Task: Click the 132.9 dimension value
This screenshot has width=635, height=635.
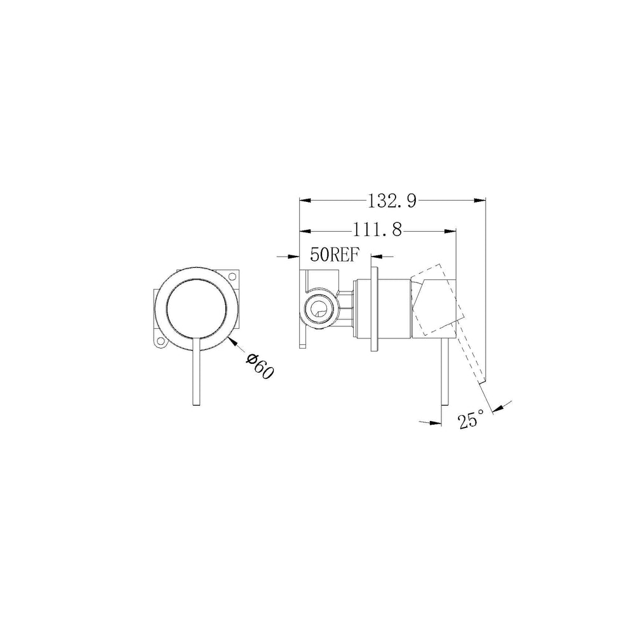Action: [x=392, y=201]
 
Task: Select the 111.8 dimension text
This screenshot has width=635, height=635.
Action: [x=377, y=230]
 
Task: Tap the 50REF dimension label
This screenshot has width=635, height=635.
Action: [x=335, y=255]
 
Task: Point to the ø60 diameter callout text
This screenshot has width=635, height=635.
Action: [x=260, y=366]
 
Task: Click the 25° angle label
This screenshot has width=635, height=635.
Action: [x=471, y=418]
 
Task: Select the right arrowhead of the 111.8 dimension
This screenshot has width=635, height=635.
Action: [x=450, y=231]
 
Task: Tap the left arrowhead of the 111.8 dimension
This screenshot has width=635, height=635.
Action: [x=305, y=231]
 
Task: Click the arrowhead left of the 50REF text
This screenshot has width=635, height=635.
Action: [x=293, y=257]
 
